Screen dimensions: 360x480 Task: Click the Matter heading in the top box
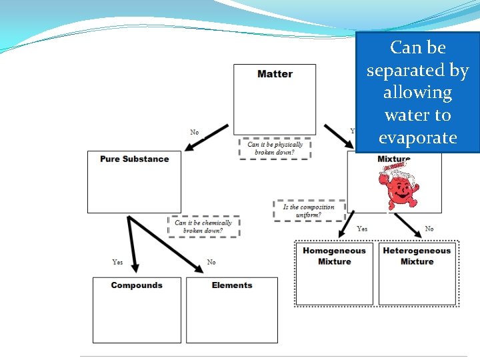(x=275, y=74)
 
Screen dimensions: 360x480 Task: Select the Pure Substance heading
(x=134, y=159)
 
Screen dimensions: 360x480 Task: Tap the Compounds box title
(x=137, y=285)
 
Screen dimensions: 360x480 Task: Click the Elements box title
(x=232, y=285)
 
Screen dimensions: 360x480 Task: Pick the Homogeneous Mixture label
(x=334, y=256)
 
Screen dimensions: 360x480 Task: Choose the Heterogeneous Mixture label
(x=417, y=256)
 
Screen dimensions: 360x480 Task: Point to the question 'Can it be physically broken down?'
(x=275, y=148)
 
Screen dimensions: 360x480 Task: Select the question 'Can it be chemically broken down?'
(x=203, y=227)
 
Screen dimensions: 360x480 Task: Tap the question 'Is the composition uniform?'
(x=308, y=211)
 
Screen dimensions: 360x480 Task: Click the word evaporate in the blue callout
(x=417, y=138)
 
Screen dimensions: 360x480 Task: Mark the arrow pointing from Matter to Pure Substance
(x=207, y=137)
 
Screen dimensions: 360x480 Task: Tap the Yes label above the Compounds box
(x=117, y=262)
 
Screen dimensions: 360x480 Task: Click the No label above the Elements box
(x=211, y=262)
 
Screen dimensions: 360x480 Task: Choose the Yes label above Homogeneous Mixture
(x=362, y=229)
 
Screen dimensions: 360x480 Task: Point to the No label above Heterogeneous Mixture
(x=429, y=229)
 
